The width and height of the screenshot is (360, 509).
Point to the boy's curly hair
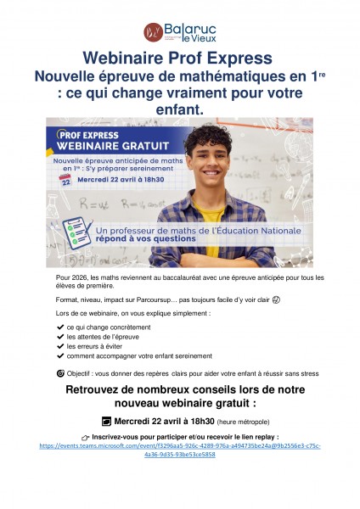point(208,137)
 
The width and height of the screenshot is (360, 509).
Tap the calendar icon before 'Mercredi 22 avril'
point(107,421)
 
